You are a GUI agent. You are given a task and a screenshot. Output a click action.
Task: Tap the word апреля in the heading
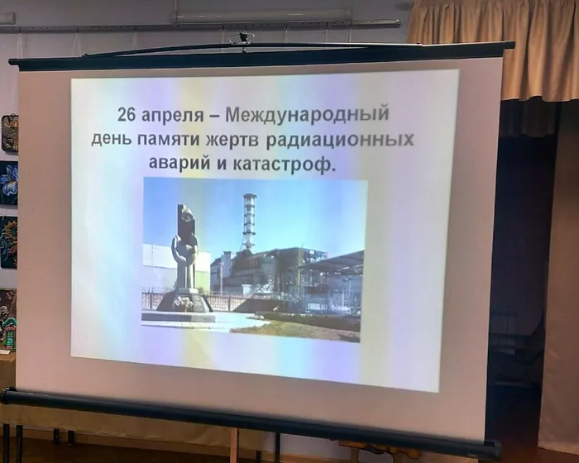pyautogui.click(x=173, y=116)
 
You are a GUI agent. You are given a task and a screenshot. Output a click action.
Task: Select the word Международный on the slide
pyautogui.click(x=307, y=114)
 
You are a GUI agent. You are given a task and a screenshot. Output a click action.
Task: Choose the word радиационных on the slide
pyautogui.click(x=339, y=141)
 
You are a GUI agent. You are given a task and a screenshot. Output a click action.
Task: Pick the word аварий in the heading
pyautogui.click(x=179, y=163)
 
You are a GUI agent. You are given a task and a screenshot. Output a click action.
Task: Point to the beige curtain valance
pyautogui.click(x=494, y=48)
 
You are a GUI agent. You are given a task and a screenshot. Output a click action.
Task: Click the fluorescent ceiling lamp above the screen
pyautogui.click(x=263, y=15)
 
